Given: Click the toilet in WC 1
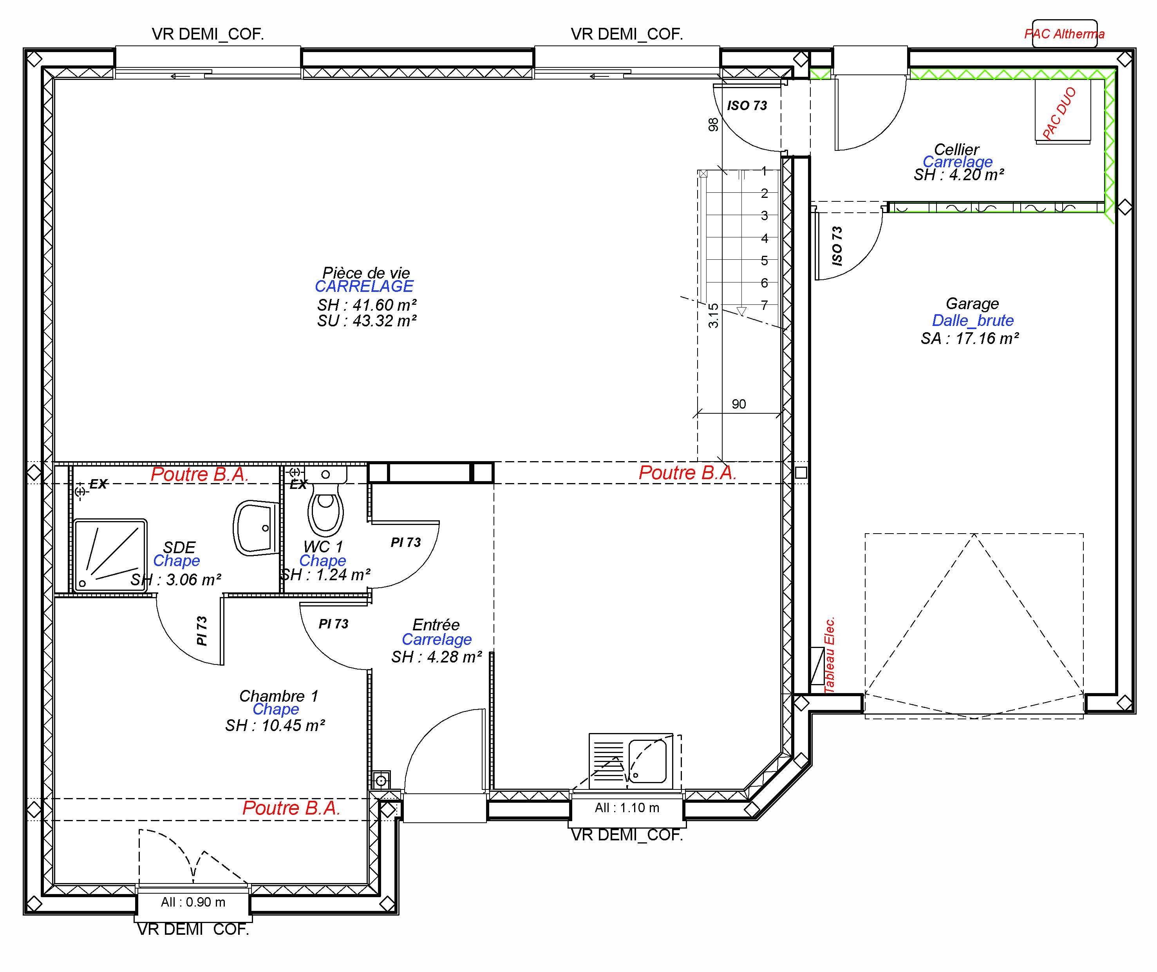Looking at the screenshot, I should (325, 506).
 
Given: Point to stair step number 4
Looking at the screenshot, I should (764, 238).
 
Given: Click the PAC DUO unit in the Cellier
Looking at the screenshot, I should (1062, 112).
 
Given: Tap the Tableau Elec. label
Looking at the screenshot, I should (829, 655).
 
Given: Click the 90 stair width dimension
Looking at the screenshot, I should (739, 404).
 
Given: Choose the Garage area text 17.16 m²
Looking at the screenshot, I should (970, 338).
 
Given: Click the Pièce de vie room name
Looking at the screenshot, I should (366, 273).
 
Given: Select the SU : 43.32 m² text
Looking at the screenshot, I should (366, 321).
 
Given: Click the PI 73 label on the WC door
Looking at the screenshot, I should (405, 543).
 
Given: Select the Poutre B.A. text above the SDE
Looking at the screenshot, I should (199, 474).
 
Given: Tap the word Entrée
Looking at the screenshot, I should (436, 625).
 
